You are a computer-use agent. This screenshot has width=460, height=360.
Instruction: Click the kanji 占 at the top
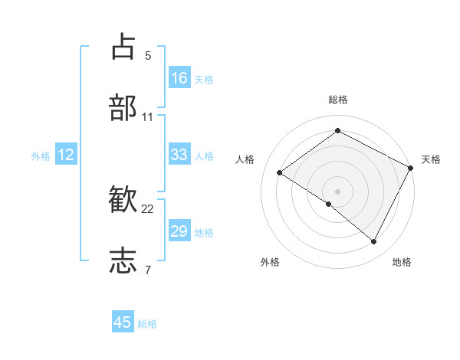pyautogui.click(x=123, y=47)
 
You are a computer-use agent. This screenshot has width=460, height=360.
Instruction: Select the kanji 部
pyautogui.click(x=123, y=108)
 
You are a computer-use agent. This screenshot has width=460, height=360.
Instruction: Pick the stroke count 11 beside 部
pyautogui.click(x=148, y=117)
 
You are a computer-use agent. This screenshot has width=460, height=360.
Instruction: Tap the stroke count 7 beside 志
pyautogui.click(x=148, y=270)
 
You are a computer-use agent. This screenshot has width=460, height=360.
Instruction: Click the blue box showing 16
pyautogui.click(x=179, y=78)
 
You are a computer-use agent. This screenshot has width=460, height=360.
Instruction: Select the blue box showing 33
pyautogui.click(x=179, y=155)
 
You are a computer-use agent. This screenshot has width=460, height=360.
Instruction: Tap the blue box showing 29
pyautogui.click(x=179, y=231)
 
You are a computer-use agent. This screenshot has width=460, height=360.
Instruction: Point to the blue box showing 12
pyautogui.click(x=66, y=155)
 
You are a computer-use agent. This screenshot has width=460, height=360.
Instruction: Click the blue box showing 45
pyautogui.click(x=123, y=322)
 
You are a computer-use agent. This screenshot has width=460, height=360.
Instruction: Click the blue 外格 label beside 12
pyautogui.click(x=41, y=156)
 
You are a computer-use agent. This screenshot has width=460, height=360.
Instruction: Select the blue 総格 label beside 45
pyautogui.click(x=147, y=324)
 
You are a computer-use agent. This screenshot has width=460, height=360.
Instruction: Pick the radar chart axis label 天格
pyautogui.click(x=431, y=159)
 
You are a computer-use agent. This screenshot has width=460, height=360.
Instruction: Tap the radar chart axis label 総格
pyautogui.click(x=337, y=100)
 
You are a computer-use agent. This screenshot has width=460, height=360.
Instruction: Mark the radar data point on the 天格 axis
pyautogui.click(x=411, y=168)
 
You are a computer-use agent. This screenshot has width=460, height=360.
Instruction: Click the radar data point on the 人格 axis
pyautogui.click(x=280, y=172)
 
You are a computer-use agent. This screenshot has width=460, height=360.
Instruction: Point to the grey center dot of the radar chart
pyautogui.click(x=337, y=190)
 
